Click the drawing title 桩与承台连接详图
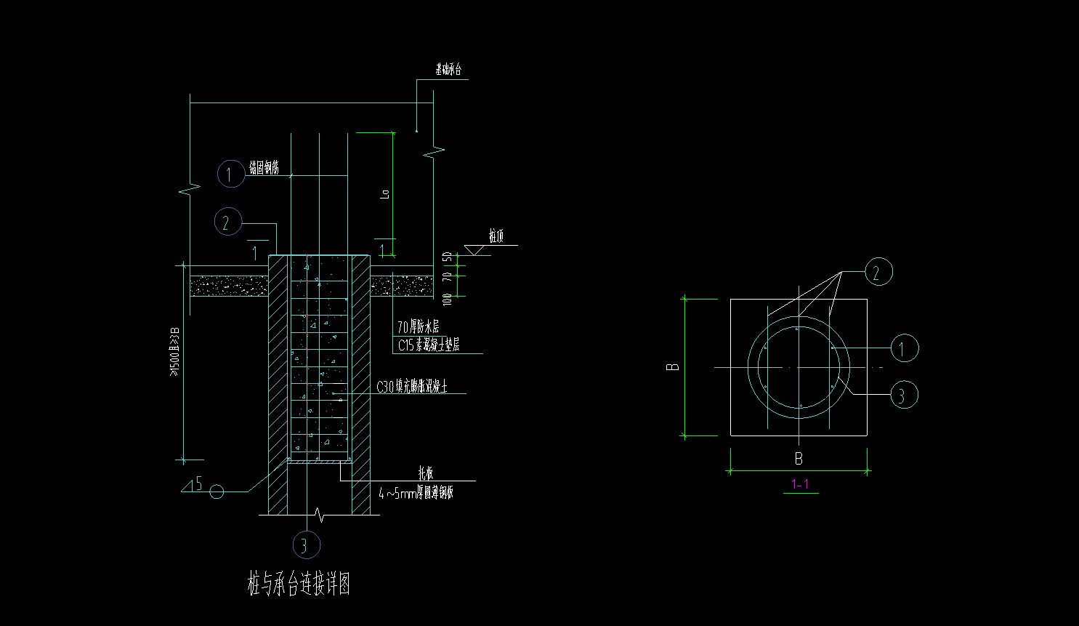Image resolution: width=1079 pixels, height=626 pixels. [x=299, y=584]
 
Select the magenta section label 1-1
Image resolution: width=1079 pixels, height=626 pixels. [x=800, y=484]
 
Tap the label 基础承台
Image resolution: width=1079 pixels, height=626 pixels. [x=448, y=70]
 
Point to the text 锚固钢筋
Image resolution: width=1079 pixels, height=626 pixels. [x=264, y=168]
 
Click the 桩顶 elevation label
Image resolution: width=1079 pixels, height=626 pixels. [x=496, y=236]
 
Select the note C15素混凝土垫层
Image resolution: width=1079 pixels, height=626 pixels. [x=428, y=345]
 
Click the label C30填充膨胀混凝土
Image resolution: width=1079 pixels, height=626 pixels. [x=411, y=387]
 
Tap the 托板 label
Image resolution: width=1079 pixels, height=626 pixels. [x=425, y=473]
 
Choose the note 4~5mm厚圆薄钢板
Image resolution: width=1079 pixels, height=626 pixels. [x=416, y=493]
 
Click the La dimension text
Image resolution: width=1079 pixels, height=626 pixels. [x=386, y=193]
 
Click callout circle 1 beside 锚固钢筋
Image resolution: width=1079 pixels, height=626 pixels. [x=230, y=174]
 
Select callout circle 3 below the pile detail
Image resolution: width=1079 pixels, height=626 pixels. [x=306, y=545]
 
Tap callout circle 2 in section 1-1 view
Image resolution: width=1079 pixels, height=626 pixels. [x=878, y=272]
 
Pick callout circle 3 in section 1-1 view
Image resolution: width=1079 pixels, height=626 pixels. [x=904, y=395]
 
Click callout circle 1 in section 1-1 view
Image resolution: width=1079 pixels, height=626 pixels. [x=905, y=348]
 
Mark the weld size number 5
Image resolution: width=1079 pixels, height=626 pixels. [x=199, y=483]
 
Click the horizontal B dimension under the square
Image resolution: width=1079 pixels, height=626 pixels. [x=799, y=459]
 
